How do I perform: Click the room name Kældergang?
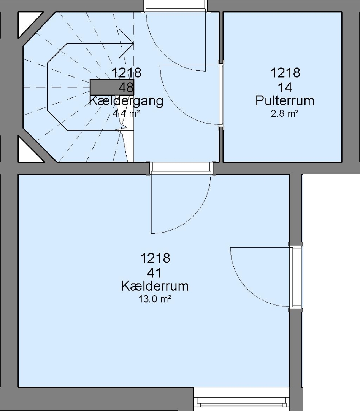click(x=126, y=101)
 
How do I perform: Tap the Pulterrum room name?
click(x=285, y=100)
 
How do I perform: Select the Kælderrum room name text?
click(x=155, y=286)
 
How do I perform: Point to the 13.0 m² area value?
click(x=155, y=299)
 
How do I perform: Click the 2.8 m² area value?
click(x=285, y=114)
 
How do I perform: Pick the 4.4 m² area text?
click(x=126, y=113)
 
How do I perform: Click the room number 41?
click(x=154, y=273)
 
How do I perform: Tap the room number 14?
click(x=285, y=88)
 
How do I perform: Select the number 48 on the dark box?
click(x=126, y=87)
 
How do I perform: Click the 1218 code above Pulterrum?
click(x=285, y=73)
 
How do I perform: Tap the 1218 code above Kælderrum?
click(x=155, y=258)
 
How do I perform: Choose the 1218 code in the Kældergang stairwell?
click(x=127, y=73)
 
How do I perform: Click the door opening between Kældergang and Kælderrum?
click(x=181, y=168)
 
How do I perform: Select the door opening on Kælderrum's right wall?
click(x=296, y=277)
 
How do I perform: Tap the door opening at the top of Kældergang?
click(x=176, y=6)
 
